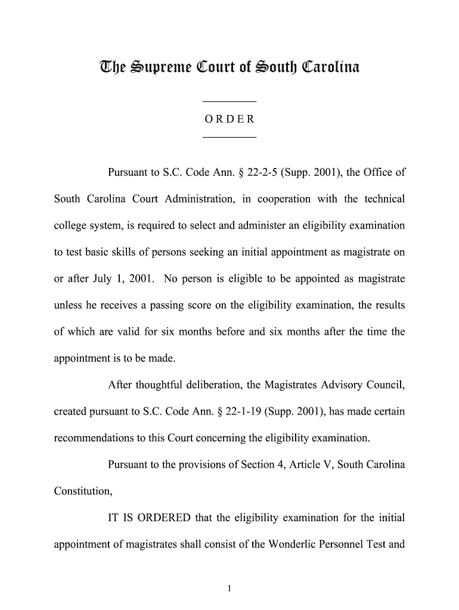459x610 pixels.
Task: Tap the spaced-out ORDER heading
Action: pyautogui.click(x=229, y=119)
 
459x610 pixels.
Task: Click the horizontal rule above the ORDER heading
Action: pyautogui.click(x=229, y=102)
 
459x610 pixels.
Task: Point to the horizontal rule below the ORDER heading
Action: pyautogui.click(x=229, y=138)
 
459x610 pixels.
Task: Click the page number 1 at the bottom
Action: pyautogui.click(x=229, y=589)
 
